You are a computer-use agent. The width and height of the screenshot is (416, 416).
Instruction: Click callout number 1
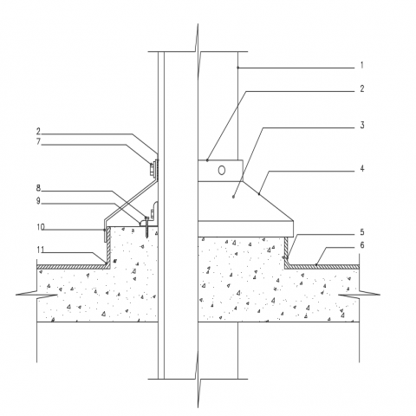point(362,65)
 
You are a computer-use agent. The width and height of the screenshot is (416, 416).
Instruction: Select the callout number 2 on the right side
point(362,88)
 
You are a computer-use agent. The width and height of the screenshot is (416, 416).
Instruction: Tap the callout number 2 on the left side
point(38,132)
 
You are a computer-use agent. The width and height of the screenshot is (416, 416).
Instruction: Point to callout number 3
point(362,126)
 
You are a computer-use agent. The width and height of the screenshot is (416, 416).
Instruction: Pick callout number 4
point(362,168)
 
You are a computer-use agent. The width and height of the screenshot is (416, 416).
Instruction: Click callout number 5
point(362,232)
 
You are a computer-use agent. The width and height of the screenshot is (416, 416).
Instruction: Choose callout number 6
point(362,245)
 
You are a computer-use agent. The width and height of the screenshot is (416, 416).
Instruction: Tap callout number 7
point(38,142)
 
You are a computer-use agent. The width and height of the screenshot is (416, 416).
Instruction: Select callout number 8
point(38,188)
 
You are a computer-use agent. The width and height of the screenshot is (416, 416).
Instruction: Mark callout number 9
point(38,201)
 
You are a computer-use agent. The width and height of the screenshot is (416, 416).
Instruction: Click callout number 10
point(41,227)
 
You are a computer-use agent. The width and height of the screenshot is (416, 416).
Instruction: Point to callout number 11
point(41,250)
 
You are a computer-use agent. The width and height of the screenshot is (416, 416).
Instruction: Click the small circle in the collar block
point(222,171)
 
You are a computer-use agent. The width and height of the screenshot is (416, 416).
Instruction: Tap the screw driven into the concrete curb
point(146,226)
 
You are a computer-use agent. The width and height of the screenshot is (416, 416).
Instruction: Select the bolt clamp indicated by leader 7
point(153,169)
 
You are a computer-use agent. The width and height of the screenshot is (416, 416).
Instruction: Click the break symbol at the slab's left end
point(36,295)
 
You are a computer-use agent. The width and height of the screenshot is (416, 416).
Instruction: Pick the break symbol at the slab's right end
point(359,295)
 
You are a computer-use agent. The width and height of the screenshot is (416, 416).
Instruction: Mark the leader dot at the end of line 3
point(233,197)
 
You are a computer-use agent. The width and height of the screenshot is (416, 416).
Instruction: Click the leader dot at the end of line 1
point(238,68)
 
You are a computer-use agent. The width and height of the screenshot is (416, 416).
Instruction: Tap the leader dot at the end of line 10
point(104,230)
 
